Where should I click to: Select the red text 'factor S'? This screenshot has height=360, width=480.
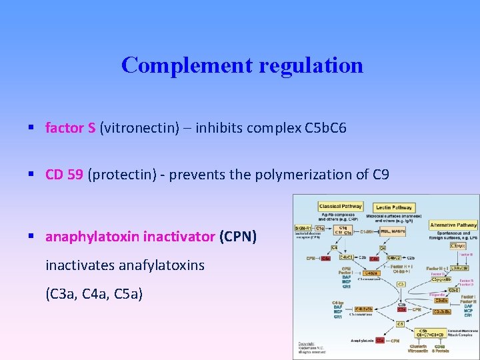pos(70,127)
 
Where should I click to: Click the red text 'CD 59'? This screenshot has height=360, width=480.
pos(64,175)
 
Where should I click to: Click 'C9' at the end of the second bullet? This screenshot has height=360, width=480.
pos(380,175)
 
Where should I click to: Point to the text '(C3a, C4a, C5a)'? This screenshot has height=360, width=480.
pos(94,294)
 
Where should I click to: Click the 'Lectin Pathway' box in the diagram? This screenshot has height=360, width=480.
pos(393,207)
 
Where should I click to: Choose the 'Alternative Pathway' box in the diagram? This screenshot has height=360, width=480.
pos(453,225)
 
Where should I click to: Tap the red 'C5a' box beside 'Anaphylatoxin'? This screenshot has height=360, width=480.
pos(379,341)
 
